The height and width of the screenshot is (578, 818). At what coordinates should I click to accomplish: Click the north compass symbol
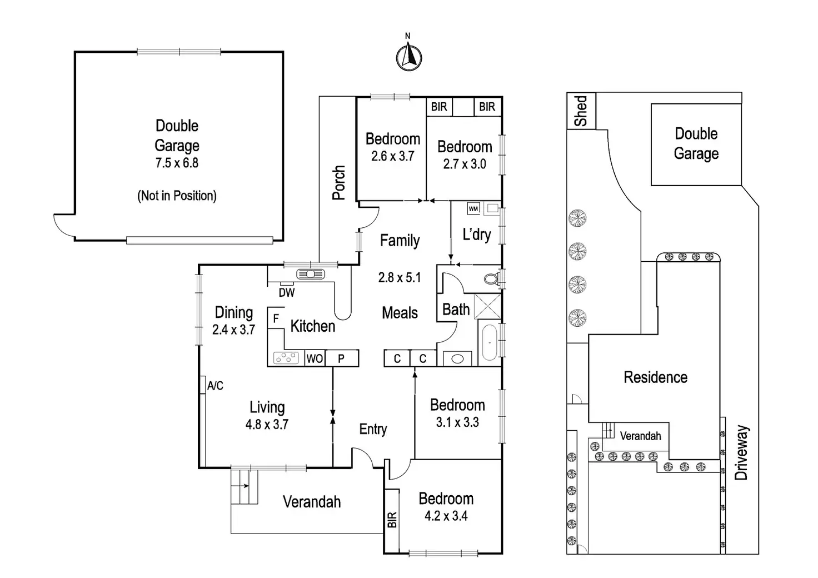pos(408,56)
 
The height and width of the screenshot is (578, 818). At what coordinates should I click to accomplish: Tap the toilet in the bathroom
pos(491,278)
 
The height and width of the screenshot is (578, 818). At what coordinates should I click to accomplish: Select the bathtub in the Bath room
pos(489,342)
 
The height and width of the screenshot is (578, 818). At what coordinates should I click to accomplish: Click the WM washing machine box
pos(473,209)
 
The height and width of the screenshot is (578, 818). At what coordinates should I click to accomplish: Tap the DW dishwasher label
pos(287,292)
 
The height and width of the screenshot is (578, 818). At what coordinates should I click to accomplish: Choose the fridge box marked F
pos(276,319)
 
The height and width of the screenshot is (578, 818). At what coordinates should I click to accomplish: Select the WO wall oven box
pos(315,358)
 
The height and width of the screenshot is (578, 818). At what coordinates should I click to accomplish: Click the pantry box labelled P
pos(341,358)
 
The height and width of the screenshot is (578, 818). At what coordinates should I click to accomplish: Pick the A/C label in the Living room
pos(215,386)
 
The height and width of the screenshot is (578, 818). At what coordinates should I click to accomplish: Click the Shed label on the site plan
pos(581,111)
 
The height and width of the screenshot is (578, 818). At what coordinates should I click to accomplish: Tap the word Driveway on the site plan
pos(742,452)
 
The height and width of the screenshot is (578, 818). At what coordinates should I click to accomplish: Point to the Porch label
pos(338,182)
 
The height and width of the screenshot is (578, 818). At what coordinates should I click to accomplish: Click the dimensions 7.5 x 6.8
pos(177,163)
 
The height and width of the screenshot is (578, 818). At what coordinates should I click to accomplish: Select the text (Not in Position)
pos(177,196)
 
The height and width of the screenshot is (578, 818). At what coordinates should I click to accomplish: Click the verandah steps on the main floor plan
pos(245,486)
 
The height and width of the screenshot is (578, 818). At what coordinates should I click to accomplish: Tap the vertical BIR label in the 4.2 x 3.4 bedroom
pos(392,520)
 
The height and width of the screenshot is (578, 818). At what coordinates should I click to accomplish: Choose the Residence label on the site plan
pos(655,378)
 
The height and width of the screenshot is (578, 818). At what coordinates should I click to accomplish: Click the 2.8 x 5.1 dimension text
pos(400,277)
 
